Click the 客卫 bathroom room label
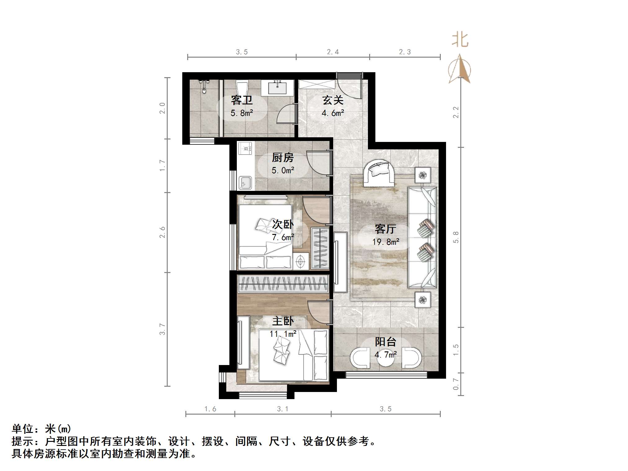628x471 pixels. click(x=241, y=100)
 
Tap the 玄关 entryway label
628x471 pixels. click(x=333, y=100)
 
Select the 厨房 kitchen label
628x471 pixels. click(x=282, y=158)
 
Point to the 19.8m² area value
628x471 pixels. click(x=385, y=242)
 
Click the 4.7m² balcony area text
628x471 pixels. click(x=385, y=354)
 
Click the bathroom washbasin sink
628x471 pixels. click(x=277, y=88)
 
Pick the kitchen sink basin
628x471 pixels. click(x=245, y=183)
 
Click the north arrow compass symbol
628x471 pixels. click(x=460, y=69)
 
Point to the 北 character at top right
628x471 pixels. click(x=460, y=40)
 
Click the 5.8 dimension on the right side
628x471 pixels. click(x=456, y=237)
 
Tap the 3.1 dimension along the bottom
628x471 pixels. click(x=282, y=409)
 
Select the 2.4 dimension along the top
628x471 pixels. click(x=333, y=52)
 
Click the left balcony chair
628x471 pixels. click(x=360, y=359)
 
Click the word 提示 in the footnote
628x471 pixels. click(x=22, y=441)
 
